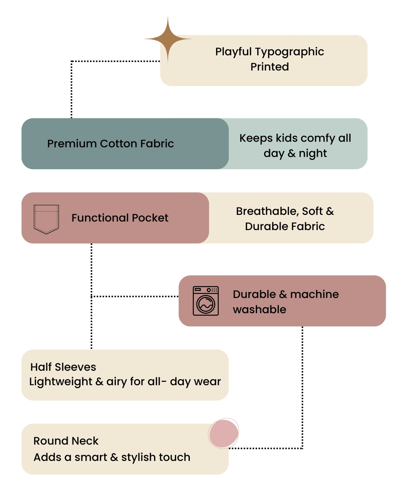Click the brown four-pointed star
(167, 39)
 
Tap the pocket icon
(46, 219)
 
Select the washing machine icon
(205, 301)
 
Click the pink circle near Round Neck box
(223, 433)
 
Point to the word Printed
(270, 67)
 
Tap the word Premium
(72, 144)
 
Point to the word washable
(260, 310)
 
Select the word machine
(314, 294)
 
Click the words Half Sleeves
(63, 367)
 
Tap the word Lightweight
(61, 382)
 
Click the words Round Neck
(66, 441)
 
